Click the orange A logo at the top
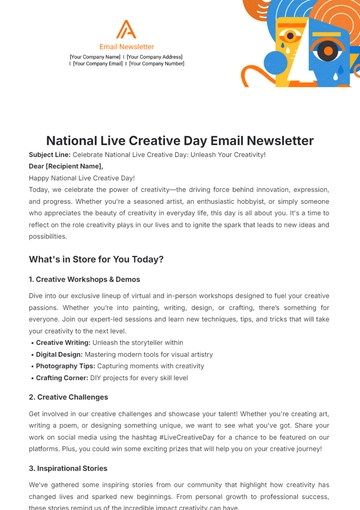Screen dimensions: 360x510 pos(127,28)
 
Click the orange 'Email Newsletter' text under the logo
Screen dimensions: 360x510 pos(127,46)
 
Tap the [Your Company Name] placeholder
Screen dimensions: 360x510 pos(95,56)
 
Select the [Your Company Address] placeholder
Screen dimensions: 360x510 pos(155,56)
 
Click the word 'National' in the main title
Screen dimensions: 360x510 pos(82,141)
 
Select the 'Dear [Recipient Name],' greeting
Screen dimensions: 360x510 pos(66,166)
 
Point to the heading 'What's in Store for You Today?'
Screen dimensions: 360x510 pos(96,259)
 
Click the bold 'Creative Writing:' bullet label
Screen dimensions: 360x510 pos(63,342)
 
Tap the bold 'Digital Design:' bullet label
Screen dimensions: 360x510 pos(61,353)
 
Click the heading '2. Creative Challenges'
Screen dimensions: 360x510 pos(75,396)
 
